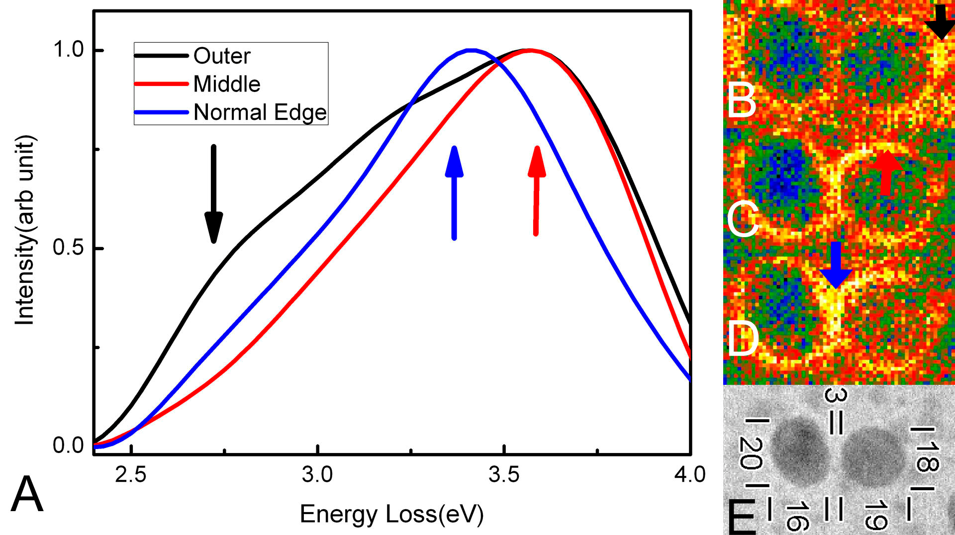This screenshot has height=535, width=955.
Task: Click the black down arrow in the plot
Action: click(x=214, y=194)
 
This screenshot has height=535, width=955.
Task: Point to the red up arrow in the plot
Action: click(x=536, y=191)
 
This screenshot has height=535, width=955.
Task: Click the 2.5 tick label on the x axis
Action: click(x=131, y=475)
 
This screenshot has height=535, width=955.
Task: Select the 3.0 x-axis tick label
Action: click(x=317, y=475)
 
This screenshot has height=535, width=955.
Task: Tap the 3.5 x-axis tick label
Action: click(x=504, y=475)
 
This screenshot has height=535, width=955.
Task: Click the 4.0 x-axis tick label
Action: click(x=690, y=475)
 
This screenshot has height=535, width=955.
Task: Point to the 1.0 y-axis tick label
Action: click(x=69, y=50)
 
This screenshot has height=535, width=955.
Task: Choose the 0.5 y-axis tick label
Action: click(x=69, y=248)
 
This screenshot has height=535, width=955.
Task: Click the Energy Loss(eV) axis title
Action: click(x=391, y=514)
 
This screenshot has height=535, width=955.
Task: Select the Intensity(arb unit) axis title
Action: click(x=25, y=230)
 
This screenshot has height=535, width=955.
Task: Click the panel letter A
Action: click(x=27, y=494)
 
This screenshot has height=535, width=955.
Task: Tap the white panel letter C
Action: click(x=742, y=219)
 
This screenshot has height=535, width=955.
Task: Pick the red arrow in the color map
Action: click(x=886, y=172)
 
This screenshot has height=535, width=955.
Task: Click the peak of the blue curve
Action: click(x=471, y=50)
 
